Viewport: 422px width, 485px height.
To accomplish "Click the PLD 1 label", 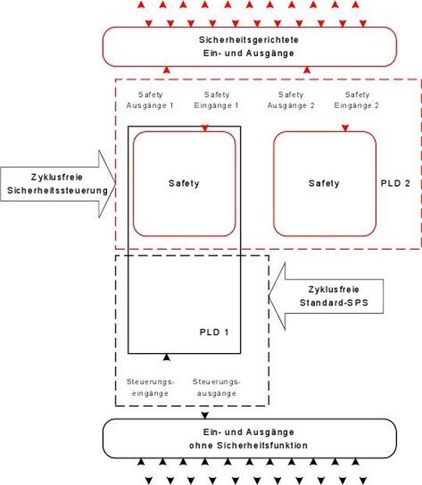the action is click(x=214, y=332).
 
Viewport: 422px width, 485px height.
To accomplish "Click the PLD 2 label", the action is click(x=395, y=184).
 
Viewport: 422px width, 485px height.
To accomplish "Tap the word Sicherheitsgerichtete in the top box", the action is click(x=249, y=40).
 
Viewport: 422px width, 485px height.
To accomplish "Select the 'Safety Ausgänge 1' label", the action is click(x=150, y=100).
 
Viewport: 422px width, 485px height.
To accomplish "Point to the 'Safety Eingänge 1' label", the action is click(x=216, y=100).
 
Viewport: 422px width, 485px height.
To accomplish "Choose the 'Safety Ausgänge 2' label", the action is click(x=291, y=100).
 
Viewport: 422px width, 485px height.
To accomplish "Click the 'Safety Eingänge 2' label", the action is click(x=356, y=100).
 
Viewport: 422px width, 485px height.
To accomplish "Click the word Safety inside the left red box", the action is click(x=184, y=184).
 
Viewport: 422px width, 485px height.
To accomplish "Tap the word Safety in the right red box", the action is click(x=324, y=184).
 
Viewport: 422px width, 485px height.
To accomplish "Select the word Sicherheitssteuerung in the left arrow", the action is click(x=58, y=191).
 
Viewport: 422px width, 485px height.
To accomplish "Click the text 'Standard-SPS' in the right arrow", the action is click(x=334, y=302).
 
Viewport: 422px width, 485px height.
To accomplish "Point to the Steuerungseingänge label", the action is click(x=150, y=387).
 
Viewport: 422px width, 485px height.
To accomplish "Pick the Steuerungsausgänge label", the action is click(x=216, y=387).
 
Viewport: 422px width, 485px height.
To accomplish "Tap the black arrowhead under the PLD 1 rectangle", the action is click(x=166, y=357).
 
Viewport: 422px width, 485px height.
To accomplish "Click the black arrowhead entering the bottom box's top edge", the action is click(x=205, y=415).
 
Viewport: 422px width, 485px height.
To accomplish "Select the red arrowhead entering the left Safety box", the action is click(x=205, y=128).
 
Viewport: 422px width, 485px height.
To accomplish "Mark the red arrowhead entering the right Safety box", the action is click(x=345, y=128).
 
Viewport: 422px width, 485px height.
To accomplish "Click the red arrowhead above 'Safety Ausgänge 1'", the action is click(x=166, y=70).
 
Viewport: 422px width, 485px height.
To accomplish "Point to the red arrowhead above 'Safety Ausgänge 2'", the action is click(x=307, y=70).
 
